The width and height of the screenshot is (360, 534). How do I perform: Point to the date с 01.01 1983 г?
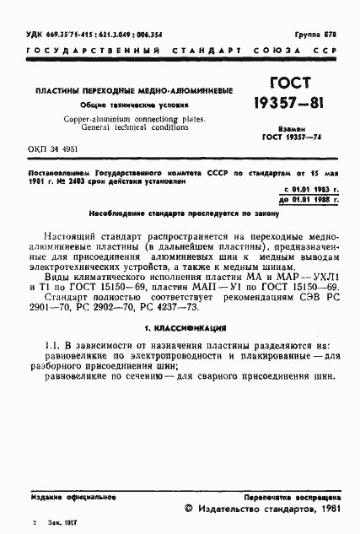[x=310, y=187]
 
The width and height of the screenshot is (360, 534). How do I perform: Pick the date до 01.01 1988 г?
[x=310, y=199]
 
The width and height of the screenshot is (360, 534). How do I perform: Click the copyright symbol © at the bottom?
[x=189, y=511]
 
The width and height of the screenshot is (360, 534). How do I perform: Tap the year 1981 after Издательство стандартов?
[x=328, y=511]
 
